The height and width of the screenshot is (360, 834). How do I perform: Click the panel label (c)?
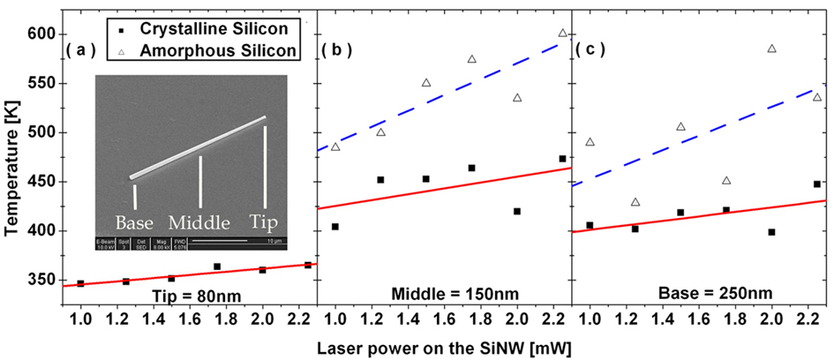[x=590, y=49]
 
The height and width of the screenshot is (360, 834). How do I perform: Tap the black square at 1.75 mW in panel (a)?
[x=217, y=266]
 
